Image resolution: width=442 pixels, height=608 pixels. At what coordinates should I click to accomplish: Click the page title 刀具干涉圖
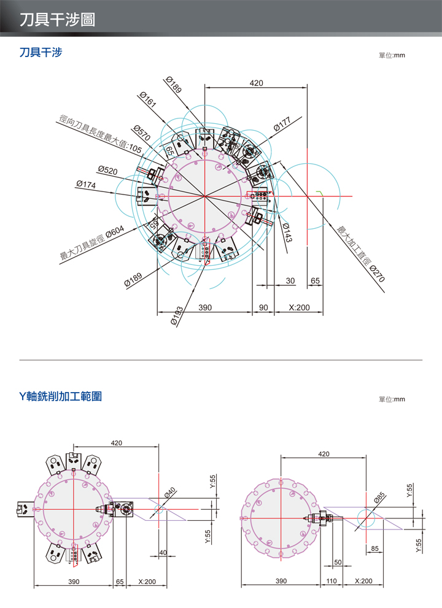pyautogui.click(x=57, y=20)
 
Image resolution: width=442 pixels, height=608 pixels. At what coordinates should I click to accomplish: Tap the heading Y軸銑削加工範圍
pyautogui.click(x=61, y=396)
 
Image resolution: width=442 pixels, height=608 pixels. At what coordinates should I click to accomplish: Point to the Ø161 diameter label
pyautogui.click(x=148, y=100)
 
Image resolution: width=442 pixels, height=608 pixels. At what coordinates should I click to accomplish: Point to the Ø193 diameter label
pyautogui.click(x=176, y=316)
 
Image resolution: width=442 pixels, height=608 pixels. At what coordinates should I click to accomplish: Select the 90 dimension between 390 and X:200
pyautogui.click(x=262, y=307)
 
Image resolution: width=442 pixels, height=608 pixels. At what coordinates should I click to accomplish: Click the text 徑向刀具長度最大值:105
pyautogui.click(x=100, y=134)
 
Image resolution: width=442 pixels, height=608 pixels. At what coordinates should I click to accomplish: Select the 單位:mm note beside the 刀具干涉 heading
pyautogui.click(x=392, y=55)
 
